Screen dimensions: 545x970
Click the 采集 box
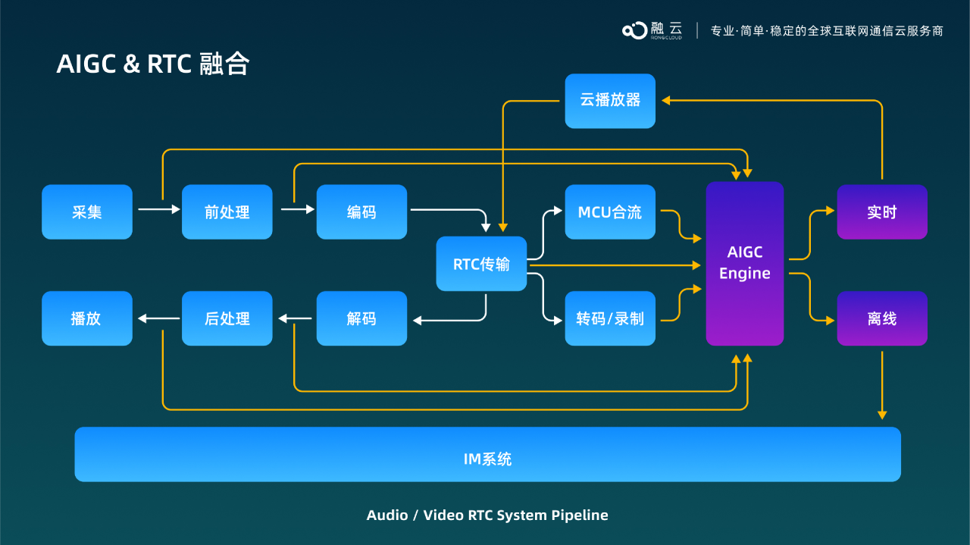pyautogui.click(x=87, y=212)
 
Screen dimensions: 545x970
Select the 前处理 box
pyautogui.click(x=227, y=212)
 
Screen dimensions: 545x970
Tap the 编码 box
pyautogui.click(x=361, y=212)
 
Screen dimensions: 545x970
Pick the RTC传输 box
pyautogui.click(x=481, y=264)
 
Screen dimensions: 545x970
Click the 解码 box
pyautogui.click(x=361, y=318)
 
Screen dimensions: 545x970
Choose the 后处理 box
pyautogui.click(x=227, y=318)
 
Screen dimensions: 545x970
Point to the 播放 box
pyautogui.click(x=87, y=318)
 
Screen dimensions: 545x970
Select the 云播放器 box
pyautogui.click(x=610, y=101)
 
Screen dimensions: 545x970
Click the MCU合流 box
pyautogui.click(x=610, y=212)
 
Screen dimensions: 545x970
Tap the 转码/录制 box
pyautogui.click(x=610, y=318)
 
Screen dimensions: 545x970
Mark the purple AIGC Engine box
pyautogui.click(x=745, y=263)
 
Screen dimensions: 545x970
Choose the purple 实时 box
pyautogui.click(x=882, y=212)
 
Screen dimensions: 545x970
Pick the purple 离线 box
pyautogui.click(x=882, y=318)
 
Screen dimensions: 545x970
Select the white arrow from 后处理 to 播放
pyautogui.click(x=158, y=318)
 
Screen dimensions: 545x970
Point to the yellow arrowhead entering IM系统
pyautogui.click(x=882, y=415)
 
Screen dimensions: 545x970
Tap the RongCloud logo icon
pyautogui.click(x=635, y=30)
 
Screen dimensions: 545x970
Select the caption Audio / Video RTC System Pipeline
pyautogui.click(x=487, y=515)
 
